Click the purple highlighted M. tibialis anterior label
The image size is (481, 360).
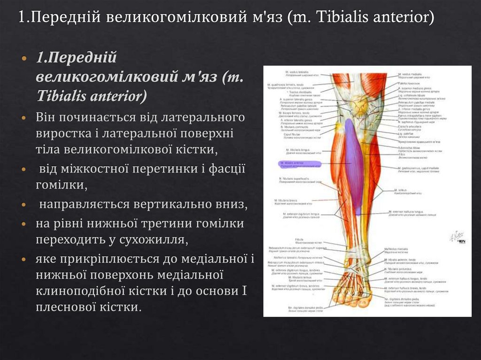coord(296,164)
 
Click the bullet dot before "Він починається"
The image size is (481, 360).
coord(24,116)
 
